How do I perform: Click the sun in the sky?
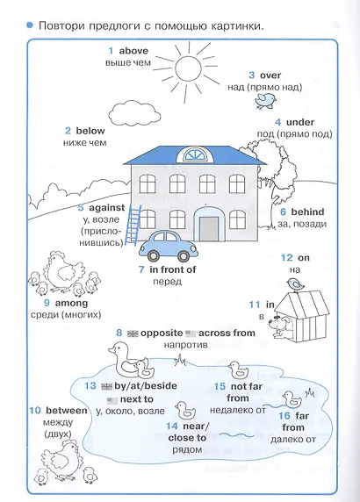(x=188, y=68)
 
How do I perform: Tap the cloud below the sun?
(x=134, y=114)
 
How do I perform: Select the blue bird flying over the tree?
(x=265, y=101)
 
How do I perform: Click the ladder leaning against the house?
(x=133, y=225)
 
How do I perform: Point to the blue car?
(x=169, y=246)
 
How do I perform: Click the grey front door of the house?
(x=209, y=229)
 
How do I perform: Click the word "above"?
(x=133, y=51)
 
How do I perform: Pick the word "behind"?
(x=307, y=212)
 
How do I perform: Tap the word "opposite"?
(x=162, y=333)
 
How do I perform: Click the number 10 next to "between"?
(x=35, y=411)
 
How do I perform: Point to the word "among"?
(x=71, y=303)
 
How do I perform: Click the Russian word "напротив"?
(x=186, y=345)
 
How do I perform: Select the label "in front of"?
(x=173, y=269)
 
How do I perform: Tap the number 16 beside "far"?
(x=284, y=416)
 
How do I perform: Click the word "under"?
(x=300, y=122)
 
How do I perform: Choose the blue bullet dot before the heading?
(x=30, y=25)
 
